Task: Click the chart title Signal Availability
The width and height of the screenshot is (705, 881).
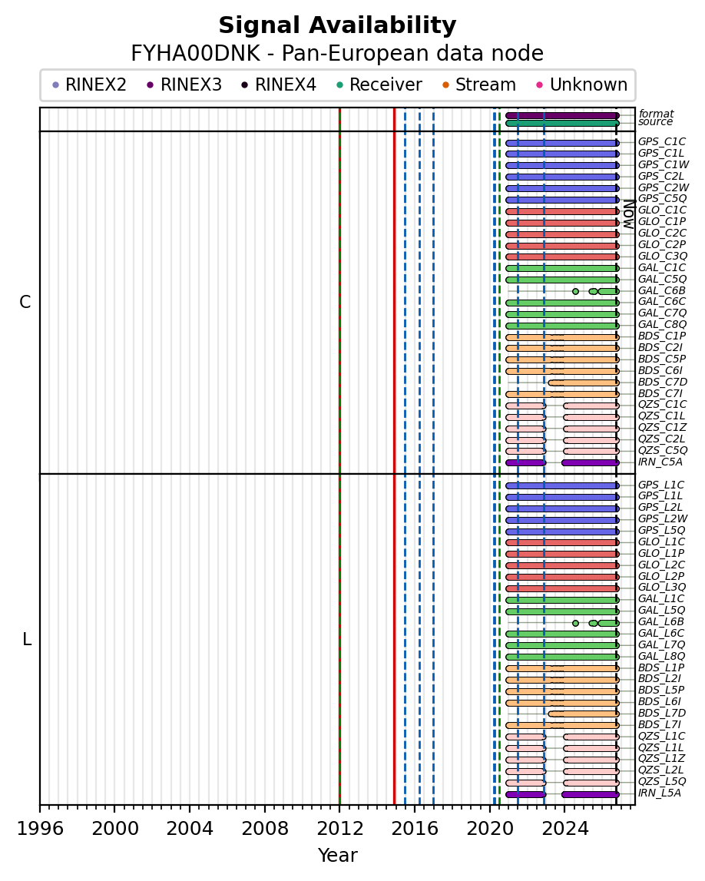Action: click(337, 25)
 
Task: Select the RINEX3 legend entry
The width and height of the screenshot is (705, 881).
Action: click(184, 84)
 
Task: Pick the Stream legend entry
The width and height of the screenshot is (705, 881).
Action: click(478, 84)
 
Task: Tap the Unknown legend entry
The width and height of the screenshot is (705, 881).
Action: click(581, 84)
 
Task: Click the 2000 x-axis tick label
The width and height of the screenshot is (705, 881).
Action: click(114, 828)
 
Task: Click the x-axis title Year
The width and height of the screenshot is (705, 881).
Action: click(337, 855)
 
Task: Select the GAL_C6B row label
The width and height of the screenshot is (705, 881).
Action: click(662, 290)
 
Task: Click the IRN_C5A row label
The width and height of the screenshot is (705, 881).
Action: click(660, 462)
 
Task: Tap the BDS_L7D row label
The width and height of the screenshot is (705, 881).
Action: click(662, 713)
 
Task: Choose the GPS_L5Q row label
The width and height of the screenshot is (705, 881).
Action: click(662, 530)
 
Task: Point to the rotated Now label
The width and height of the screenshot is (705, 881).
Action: click(629, 214)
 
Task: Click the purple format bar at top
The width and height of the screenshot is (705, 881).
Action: click(561, 116)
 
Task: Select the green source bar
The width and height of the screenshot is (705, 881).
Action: click(561, 123)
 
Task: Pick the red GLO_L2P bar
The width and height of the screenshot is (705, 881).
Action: click(561, 577)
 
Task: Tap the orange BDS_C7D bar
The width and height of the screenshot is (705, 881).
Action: click(583, 383)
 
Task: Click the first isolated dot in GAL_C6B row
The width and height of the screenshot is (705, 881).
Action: click(575, 291)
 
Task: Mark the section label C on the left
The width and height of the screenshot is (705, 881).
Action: click(25, 303)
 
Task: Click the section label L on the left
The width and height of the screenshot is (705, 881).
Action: click(26, 639)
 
